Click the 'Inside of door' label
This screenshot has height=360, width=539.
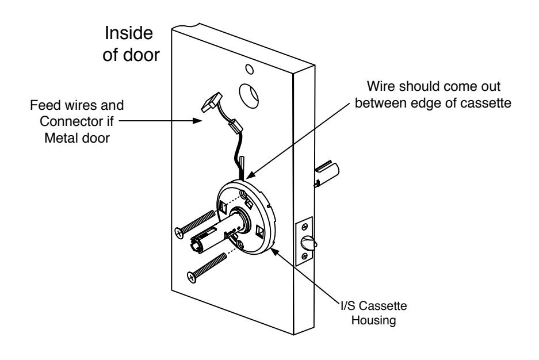click(x=131, y=44)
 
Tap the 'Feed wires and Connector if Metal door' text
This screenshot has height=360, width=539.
click(x=77, y=121)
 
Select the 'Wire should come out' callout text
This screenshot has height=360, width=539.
click(x=433, y=86)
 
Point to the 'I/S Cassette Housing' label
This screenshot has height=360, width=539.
click(x=374, y=313)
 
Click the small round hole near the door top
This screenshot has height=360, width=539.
click(x=250, y=70)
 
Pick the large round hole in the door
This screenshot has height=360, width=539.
click(x=249, y=95)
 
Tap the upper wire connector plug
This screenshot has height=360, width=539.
click(x=211, y=102)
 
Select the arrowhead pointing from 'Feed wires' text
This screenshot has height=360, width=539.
click(x=197, y=121)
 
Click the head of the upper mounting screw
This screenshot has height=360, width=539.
click(x=179, y=233)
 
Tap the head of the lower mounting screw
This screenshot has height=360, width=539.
click(x=192, y=277)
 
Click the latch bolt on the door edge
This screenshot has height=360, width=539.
click(x=308, y=243)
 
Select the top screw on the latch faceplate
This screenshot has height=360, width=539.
click(x=304, y=227)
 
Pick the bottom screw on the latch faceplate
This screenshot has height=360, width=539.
click(x=304, y=256)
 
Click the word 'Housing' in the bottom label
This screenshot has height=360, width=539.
click(x=374, y=320)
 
